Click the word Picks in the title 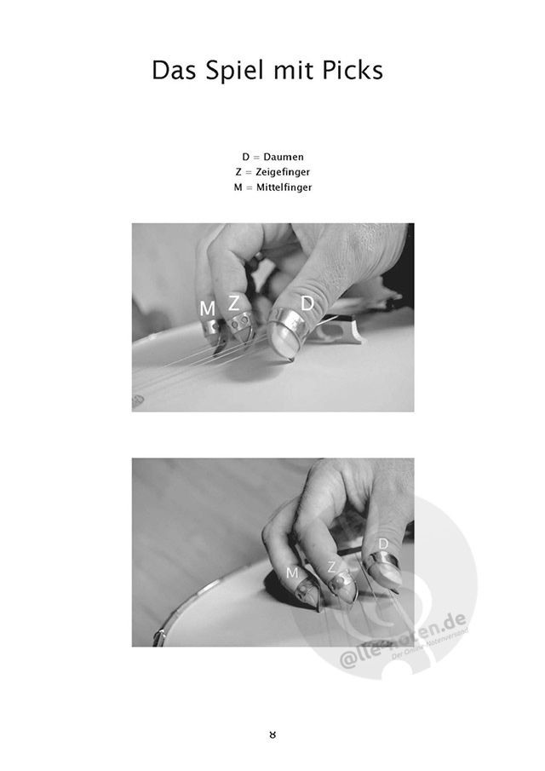point(353,71)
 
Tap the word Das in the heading point(175,71)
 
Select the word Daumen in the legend point(284,157)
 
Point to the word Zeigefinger point(283,172)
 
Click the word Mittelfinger point(284,187)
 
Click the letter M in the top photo point(208,308)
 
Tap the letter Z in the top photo point(234,303)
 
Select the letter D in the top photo point(307,303)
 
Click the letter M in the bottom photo point(292,572)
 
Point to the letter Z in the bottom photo point(332,567)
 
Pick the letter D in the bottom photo point(384,544)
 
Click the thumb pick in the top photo point(287,331)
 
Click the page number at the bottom point(272,734)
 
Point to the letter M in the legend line point(238,187)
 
